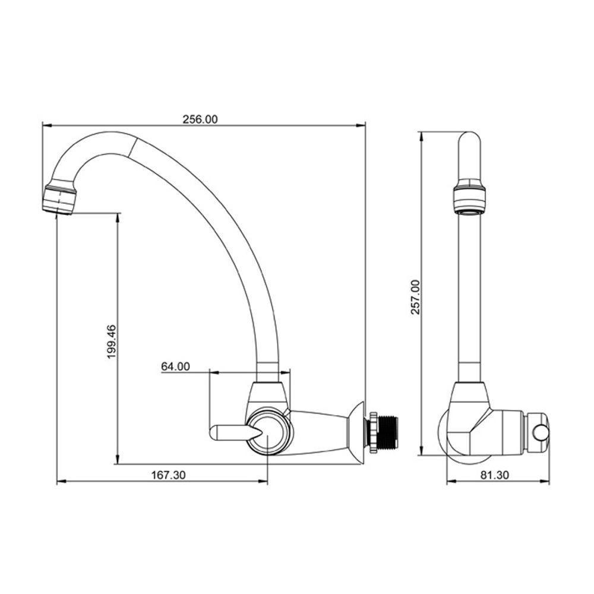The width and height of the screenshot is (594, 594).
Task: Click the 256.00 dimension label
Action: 200,119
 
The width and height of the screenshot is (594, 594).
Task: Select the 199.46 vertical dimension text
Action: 112,342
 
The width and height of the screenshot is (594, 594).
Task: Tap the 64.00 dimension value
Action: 175,366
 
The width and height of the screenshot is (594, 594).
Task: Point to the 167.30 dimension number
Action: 169,475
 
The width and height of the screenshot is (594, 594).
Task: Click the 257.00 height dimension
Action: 416,298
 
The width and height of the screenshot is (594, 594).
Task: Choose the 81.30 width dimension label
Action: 495,475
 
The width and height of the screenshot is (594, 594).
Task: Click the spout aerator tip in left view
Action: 59,200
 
